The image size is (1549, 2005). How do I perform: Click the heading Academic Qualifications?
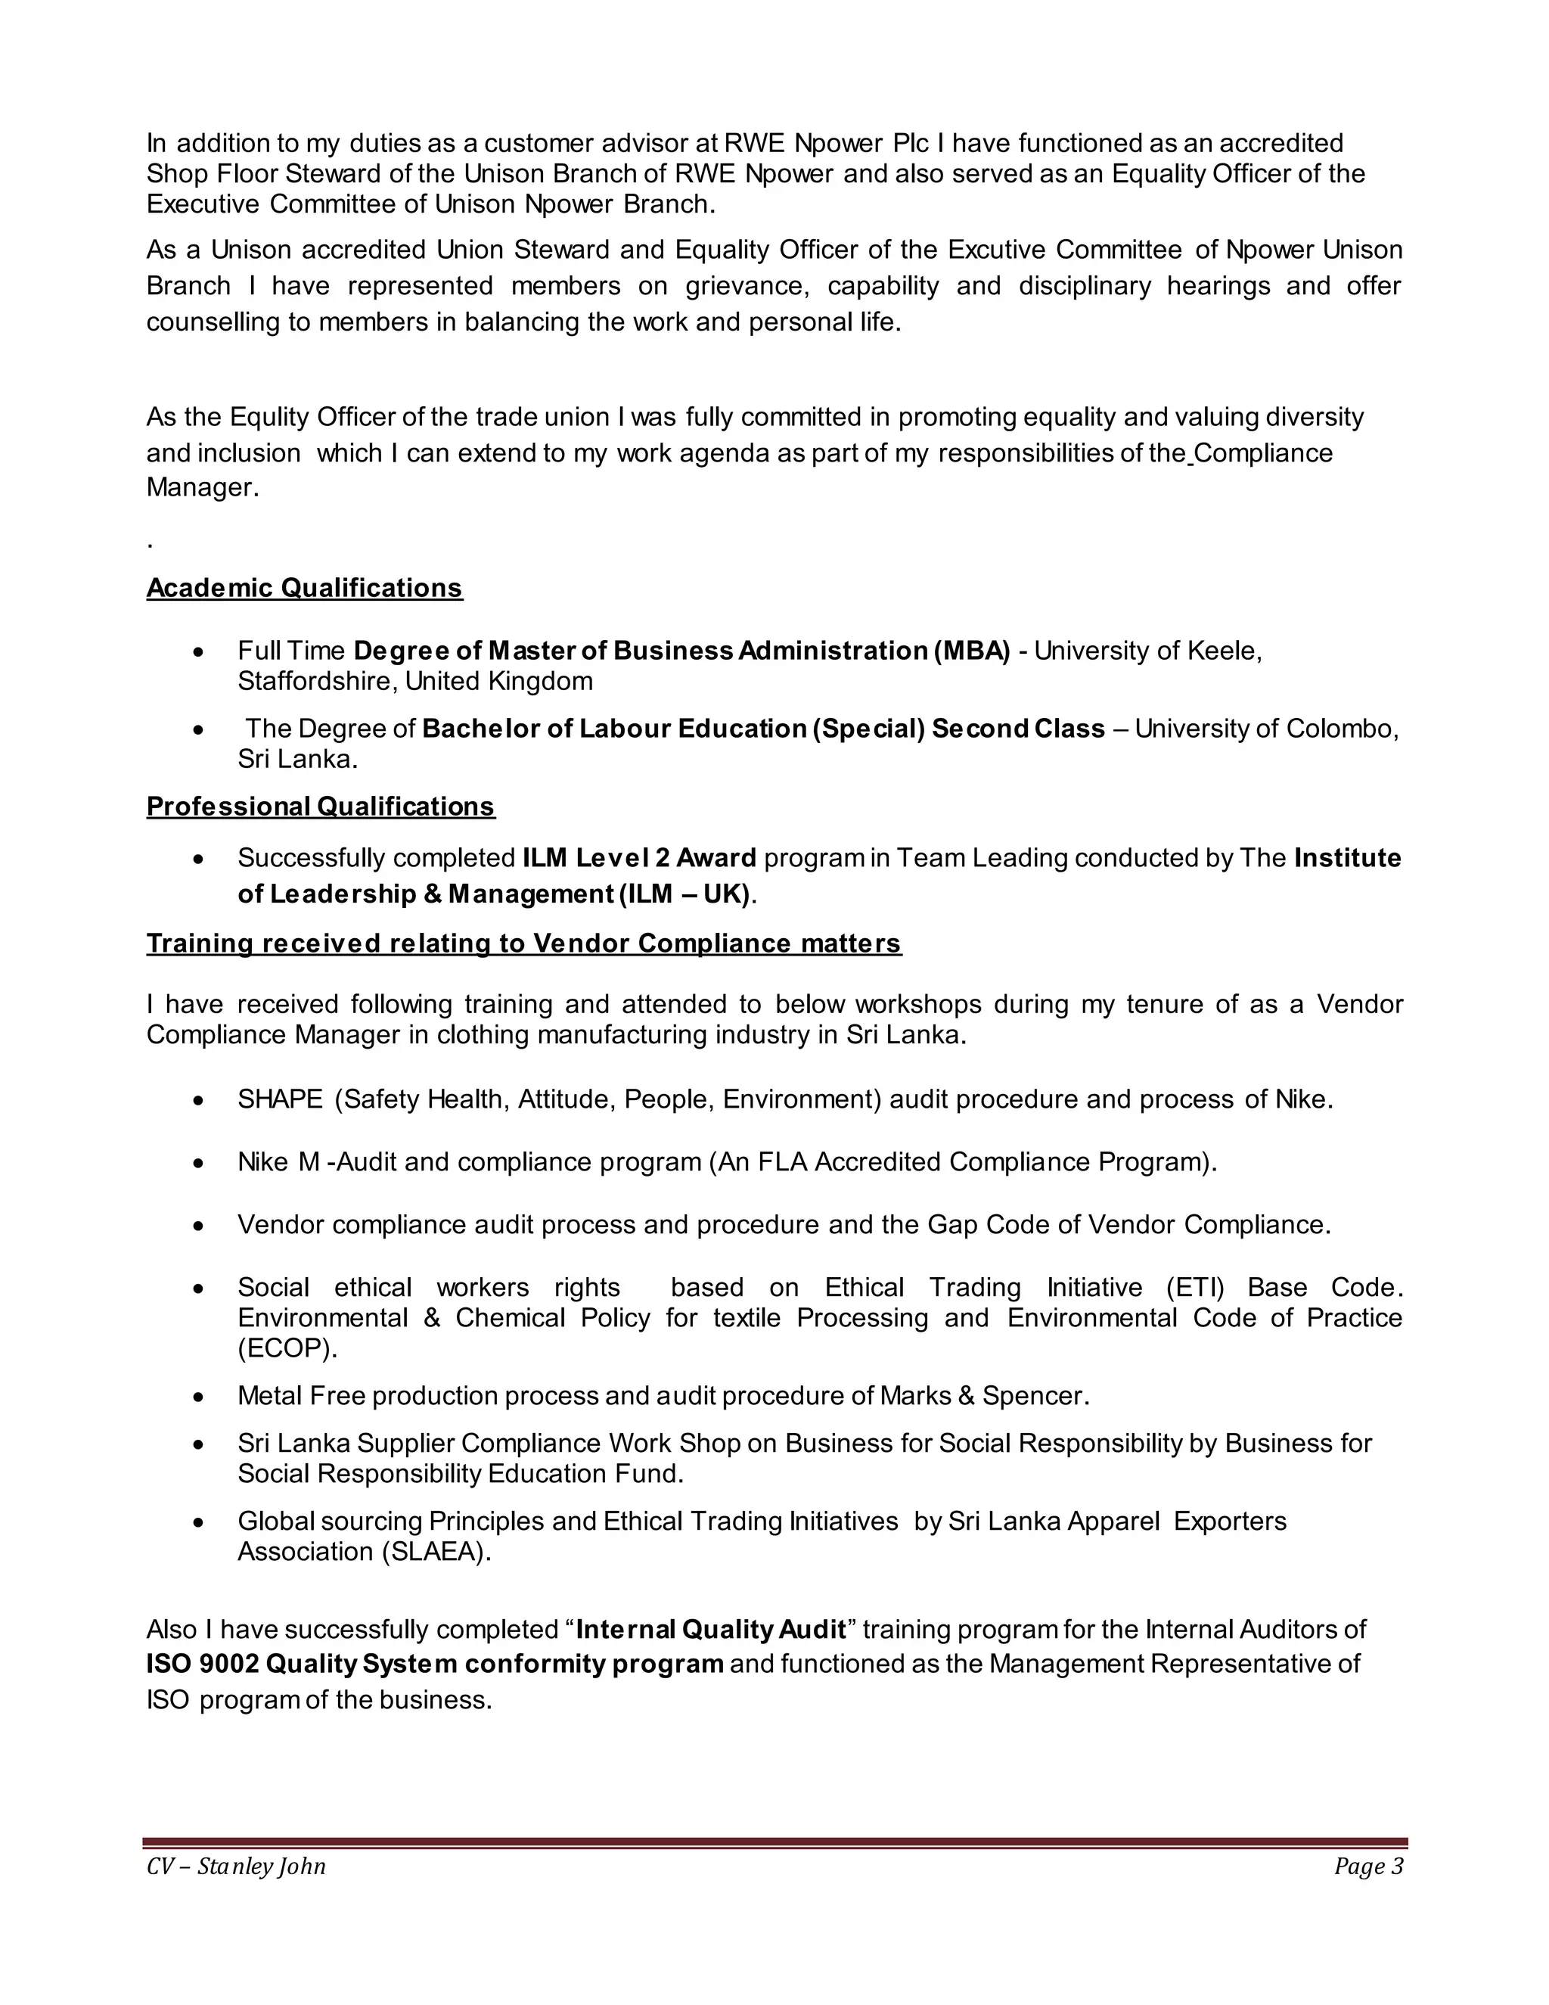click(x=304, y=588)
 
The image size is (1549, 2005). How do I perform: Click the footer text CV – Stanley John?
click(x=236, y=1867)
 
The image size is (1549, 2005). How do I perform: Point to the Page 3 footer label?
click(x=1368, y=1867)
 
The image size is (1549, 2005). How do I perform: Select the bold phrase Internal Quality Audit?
click(x=710, y=1630)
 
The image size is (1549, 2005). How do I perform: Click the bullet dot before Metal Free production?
click(x=198, y=1397)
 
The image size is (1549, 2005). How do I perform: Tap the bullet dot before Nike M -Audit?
click(x=198, y=1163)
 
